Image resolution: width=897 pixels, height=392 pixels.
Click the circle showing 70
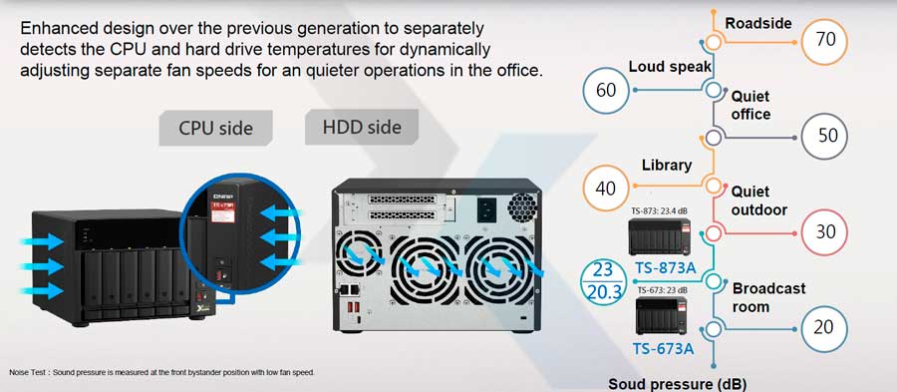826,39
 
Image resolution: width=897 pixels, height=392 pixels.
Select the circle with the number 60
606,89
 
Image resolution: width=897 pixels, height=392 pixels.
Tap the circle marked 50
826,136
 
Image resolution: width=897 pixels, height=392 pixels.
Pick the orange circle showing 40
606,187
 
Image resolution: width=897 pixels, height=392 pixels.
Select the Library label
667,165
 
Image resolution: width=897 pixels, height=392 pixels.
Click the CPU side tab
215,128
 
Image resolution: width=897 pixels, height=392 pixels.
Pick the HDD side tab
361,127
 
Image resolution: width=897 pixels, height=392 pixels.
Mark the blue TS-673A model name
664,348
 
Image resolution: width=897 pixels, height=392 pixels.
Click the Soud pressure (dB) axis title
677,383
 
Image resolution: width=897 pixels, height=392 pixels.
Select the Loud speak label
670,67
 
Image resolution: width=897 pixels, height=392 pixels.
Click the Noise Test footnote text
161,372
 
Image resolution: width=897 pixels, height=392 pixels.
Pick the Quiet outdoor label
759,199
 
